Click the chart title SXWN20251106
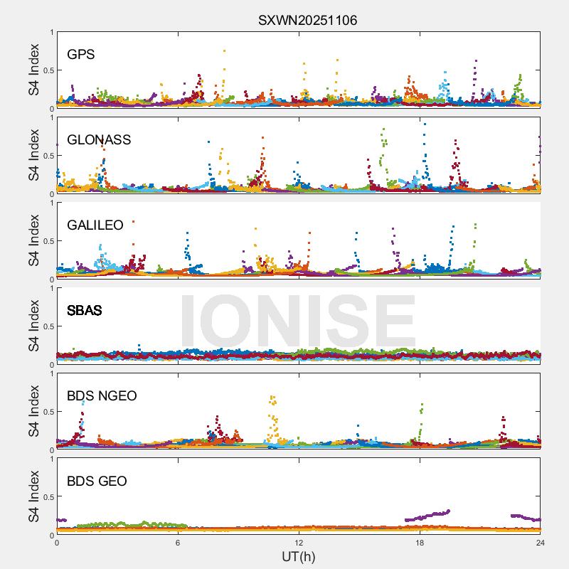(307, 21)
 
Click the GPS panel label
(81, 55)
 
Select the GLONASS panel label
(99, 140)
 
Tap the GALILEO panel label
(95, 225)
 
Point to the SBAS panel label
(84, 311)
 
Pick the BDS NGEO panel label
(102, 396)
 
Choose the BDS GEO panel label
(97, 482)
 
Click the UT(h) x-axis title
(298, 556)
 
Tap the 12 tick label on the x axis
(299, 543)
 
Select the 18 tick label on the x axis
(420, 543)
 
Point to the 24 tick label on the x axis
(541, 543)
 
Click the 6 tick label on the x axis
(178, 543)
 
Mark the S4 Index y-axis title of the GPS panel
(34, 70)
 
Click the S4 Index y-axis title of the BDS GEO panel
(34, 496)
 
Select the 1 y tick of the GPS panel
(51, 33)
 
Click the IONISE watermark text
(297, 321)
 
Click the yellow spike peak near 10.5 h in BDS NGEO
(272, 398)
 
